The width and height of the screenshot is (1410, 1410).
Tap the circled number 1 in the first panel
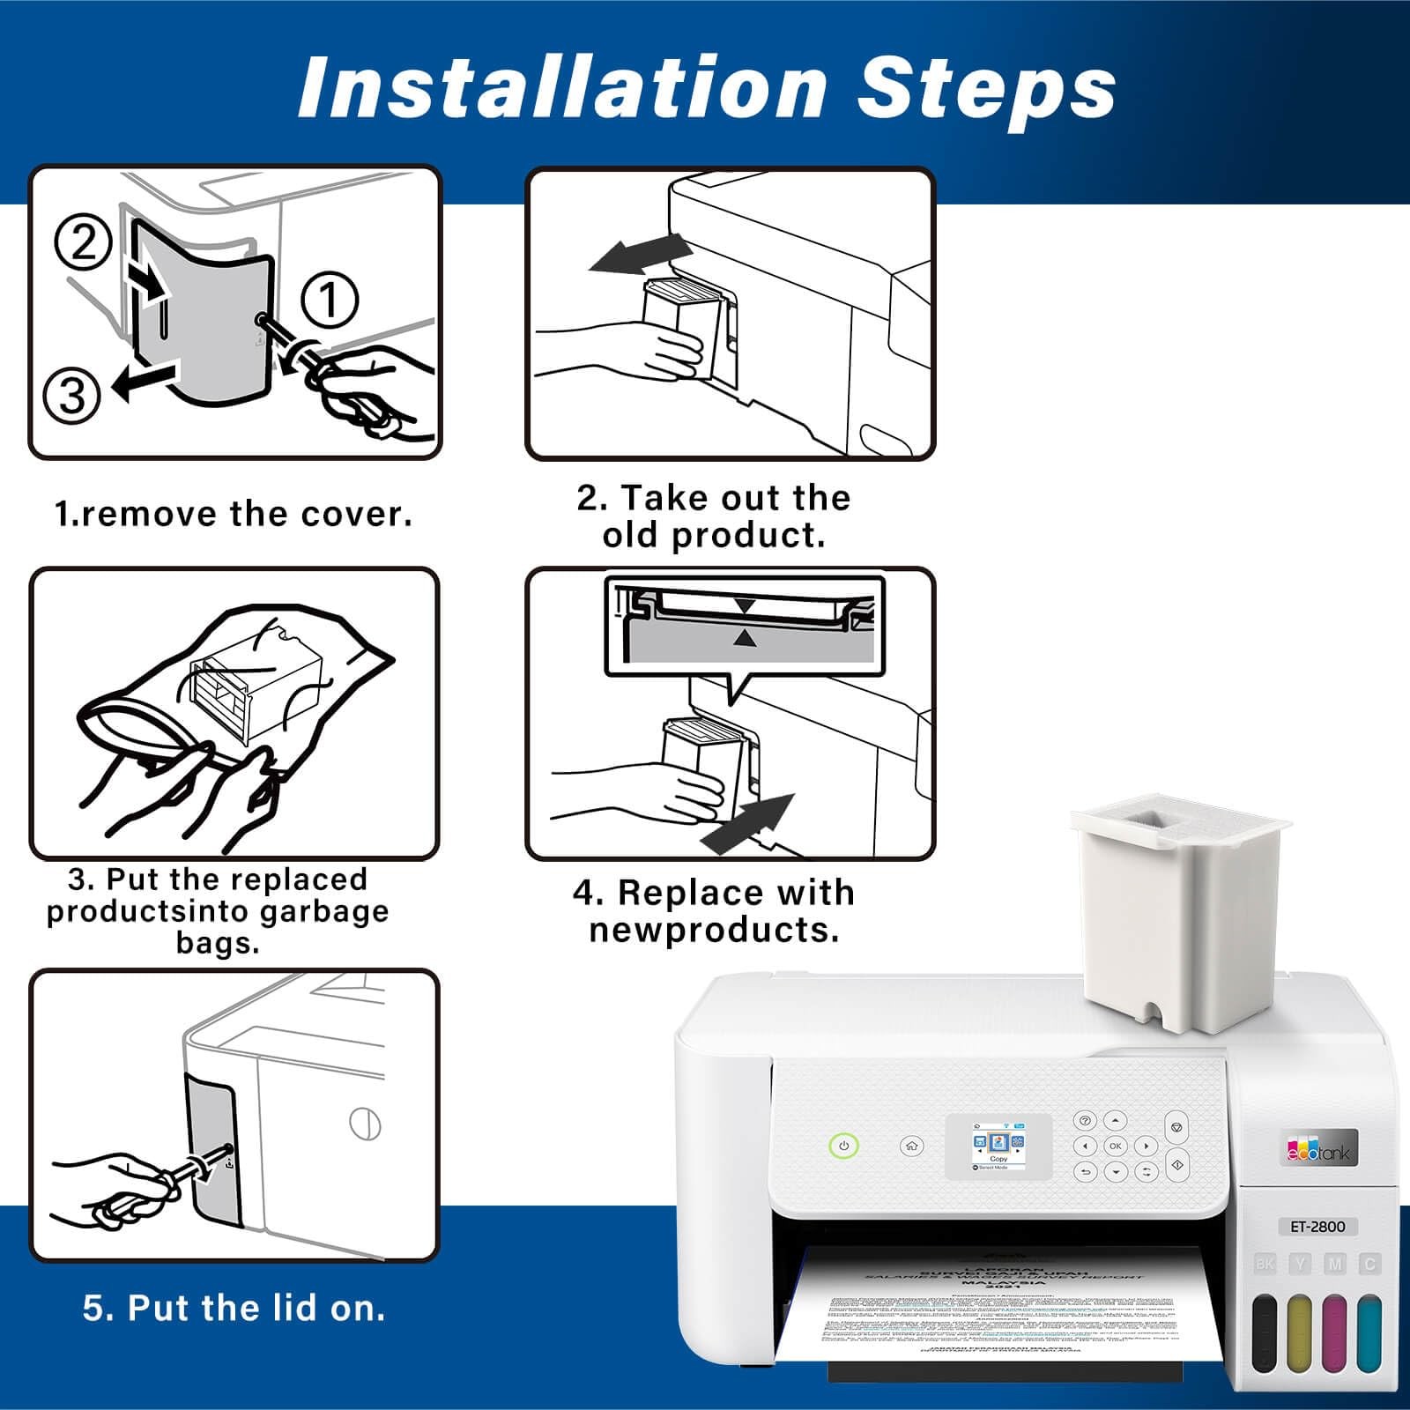(330, 300)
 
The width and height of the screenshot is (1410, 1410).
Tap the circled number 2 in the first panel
(83, 241)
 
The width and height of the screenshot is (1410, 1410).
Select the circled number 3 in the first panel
(72, 396)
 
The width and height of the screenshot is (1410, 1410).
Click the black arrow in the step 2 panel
(636, 255)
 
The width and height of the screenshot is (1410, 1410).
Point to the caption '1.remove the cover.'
(234, 514)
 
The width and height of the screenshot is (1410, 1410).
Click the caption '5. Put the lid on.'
(234, 1308)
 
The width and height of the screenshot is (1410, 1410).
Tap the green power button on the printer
(843, 1146)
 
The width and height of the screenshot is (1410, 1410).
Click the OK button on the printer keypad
(1116, 1146)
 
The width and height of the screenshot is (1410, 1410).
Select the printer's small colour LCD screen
(998, 1146)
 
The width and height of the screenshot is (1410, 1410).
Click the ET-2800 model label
(1317, 1226)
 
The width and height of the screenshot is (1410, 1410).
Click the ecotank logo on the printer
(1318, 1149)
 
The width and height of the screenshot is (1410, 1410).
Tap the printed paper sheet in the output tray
(996, 1313)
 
